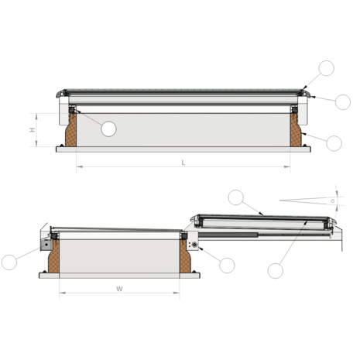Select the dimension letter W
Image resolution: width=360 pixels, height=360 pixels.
[x=119, y=289]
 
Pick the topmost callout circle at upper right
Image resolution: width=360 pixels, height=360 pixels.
[x=326, y=67]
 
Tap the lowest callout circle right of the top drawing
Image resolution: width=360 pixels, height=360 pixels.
[x=334, y=142]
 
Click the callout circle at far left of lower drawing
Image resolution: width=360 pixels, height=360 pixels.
[x=10, y=262]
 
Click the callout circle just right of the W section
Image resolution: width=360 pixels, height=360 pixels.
[x=226, y=265]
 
